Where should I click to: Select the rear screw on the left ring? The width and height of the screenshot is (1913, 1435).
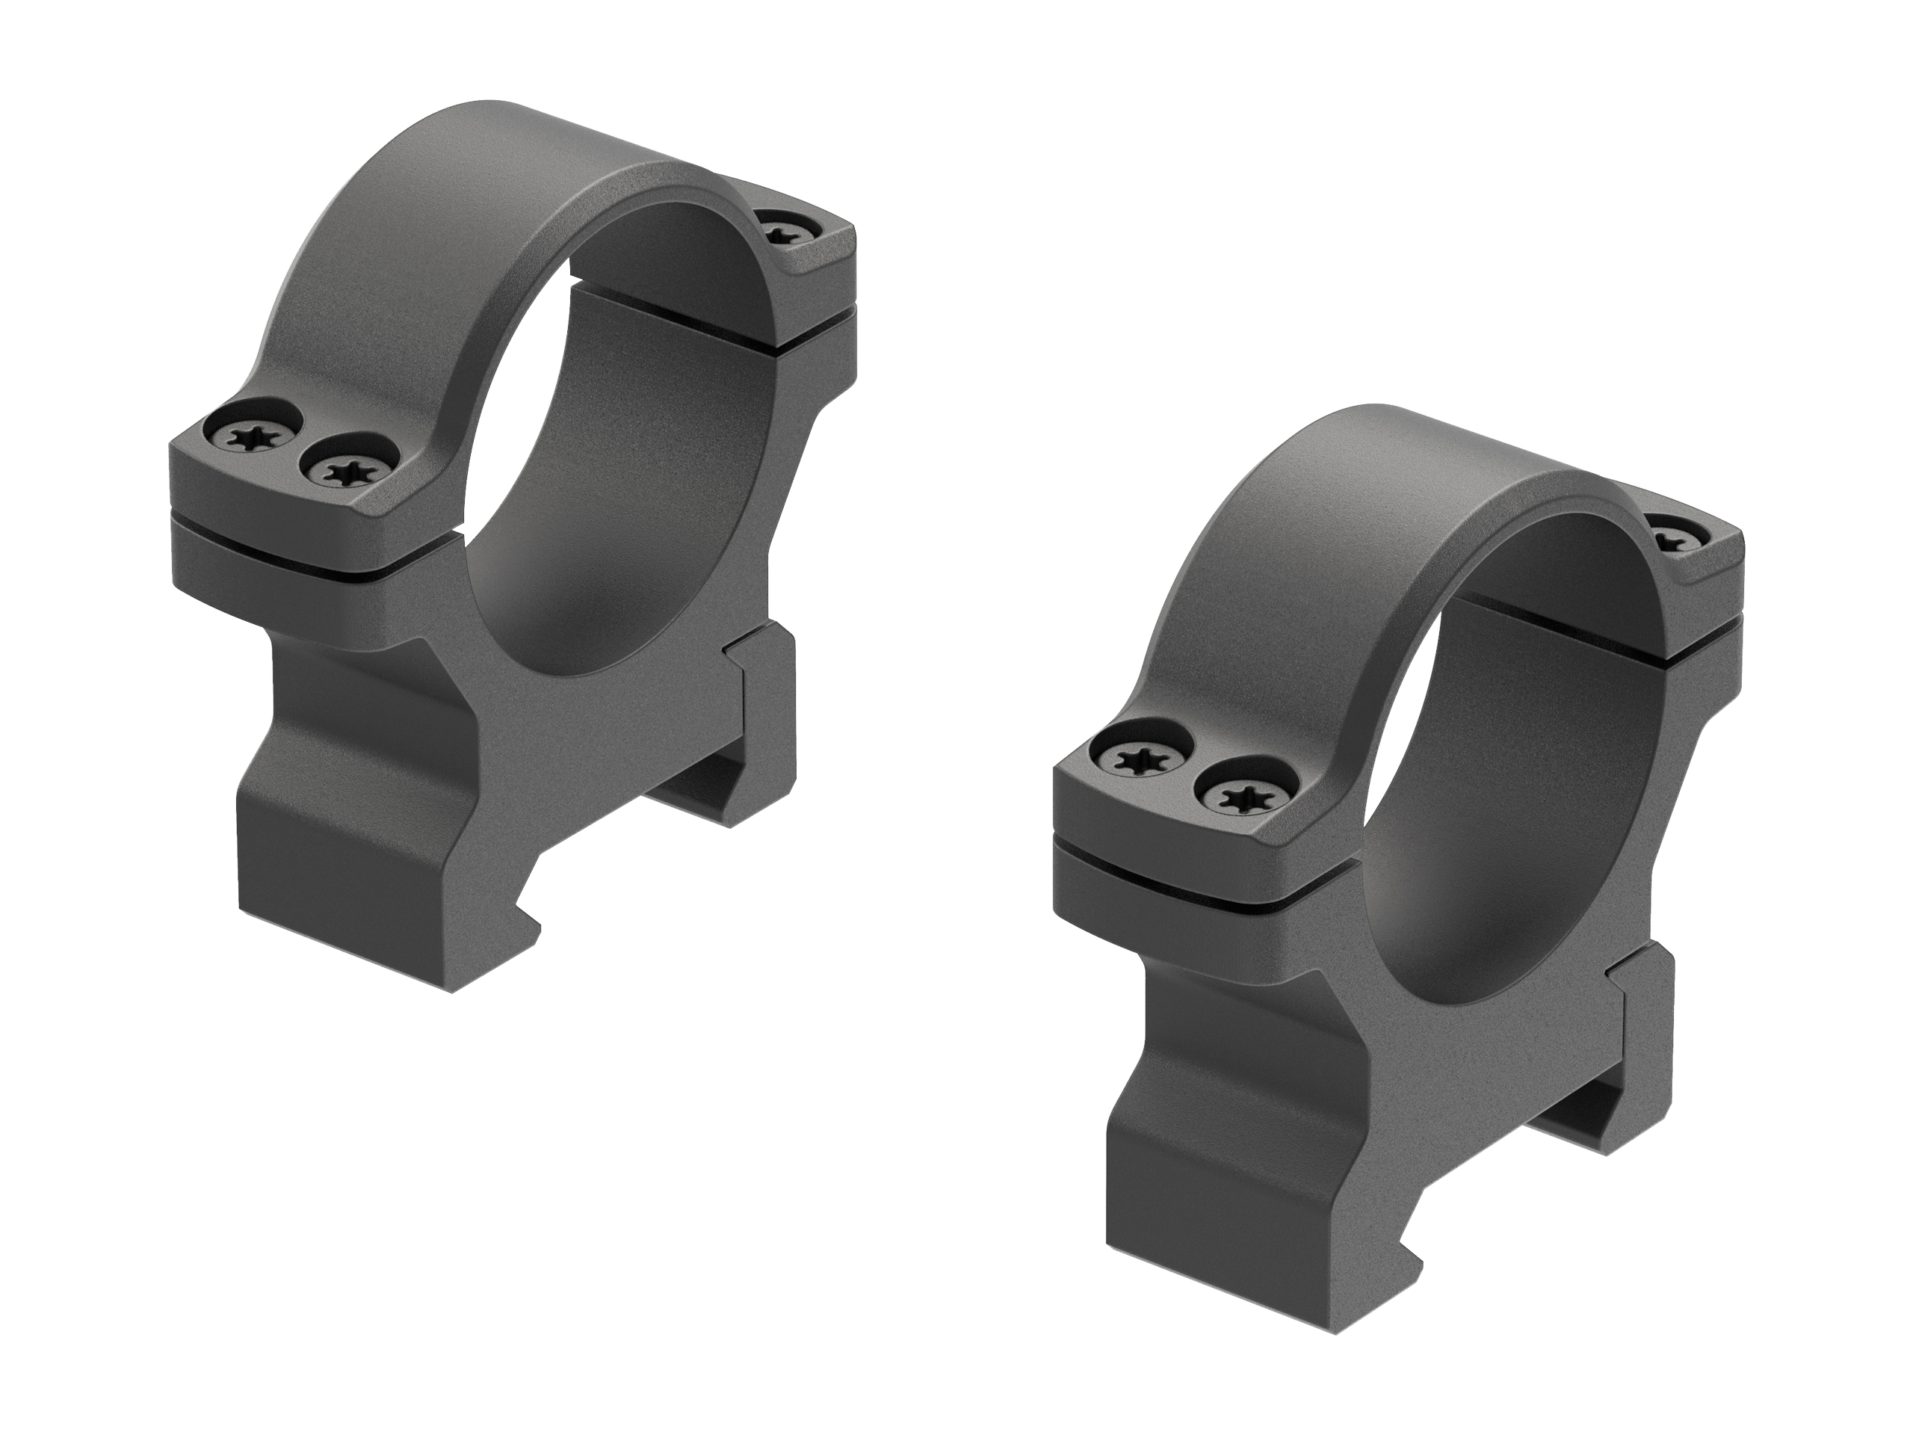click(x=785, y=231)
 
